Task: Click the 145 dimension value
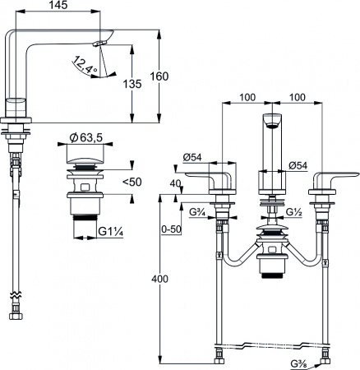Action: [59, 5]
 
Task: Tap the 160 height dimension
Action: [159, 76]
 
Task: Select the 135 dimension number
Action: [132, 84]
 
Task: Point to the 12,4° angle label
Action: [85, 65]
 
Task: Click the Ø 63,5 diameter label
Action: [85, 137]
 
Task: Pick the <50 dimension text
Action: [132, 182]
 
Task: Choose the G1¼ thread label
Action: [110, 232]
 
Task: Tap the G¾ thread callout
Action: [197, 211]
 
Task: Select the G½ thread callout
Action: [294, 212]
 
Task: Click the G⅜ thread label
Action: [299, 364]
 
